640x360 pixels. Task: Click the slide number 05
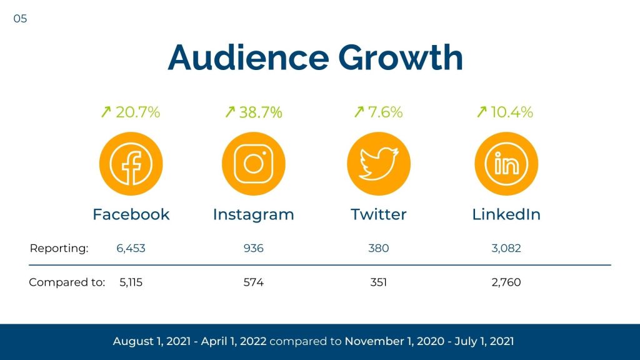click(20, 19)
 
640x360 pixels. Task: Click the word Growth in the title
click(400, 57)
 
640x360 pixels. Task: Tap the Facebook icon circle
click(131, 164)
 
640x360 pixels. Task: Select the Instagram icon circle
click(253, 164)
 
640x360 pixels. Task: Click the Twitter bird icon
click(379, 164)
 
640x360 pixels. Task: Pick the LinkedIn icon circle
click(506, 164)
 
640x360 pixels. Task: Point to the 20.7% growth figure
click(137, 112)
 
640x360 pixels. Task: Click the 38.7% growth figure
click(261, 112)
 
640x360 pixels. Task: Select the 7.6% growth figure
click(384, 112)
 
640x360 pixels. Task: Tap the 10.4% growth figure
click(512, 112)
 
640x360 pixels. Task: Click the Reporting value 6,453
click(131, 248)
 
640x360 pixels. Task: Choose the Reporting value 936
click(253, 248)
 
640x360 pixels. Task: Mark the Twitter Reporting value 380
click(378, 248)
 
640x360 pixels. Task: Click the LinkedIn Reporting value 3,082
click(506, 248)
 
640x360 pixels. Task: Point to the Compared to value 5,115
click(131, 282)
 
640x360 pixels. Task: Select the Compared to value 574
click(253, 282)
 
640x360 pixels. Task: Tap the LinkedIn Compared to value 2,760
click(506, 282)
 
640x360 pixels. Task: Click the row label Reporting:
click(59, 248)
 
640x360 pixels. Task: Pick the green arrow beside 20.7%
click(106, 112)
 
